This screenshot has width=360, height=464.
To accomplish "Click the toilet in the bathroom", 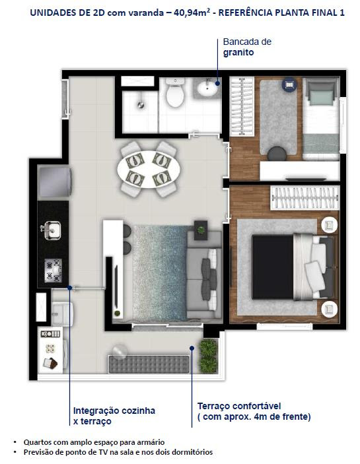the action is coord(175,92).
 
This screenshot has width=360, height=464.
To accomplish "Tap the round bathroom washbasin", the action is coord(207,88).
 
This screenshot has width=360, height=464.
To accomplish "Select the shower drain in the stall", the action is coord(141,104).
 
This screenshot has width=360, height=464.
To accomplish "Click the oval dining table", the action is coord(149,169).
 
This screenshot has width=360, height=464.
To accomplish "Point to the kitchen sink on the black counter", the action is coord(51,230).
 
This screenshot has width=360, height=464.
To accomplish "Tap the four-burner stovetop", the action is coord(54,271).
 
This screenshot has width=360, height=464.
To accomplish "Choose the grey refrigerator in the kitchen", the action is coord(54,182).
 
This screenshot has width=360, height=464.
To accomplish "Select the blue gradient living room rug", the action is coord(160,273).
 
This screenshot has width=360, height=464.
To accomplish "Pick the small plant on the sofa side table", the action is coord(201,230).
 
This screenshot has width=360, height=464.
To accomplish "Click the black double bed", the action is coord(294,267).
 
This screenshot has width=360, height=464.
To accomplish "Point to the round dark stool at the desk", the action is coord(277,154).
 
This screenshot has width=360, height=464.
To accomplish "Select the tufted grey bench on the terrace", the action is coord(149,364).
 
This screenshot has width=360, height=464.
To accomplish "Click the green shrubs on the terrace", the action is coord(209,356).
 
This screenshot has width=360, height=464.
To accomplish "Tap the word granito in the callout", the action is coord(238,53).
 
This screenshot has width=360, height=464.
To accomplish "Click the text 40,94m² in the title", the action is coord(192,13).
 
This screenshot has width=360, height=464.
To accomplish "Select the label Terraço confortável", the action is coord(239,406).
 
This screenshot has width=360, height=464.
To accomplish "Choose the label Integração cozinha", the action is coord(114,411).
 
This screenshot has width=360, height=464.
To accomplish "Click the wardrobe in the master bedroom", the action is coord(305,198).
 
